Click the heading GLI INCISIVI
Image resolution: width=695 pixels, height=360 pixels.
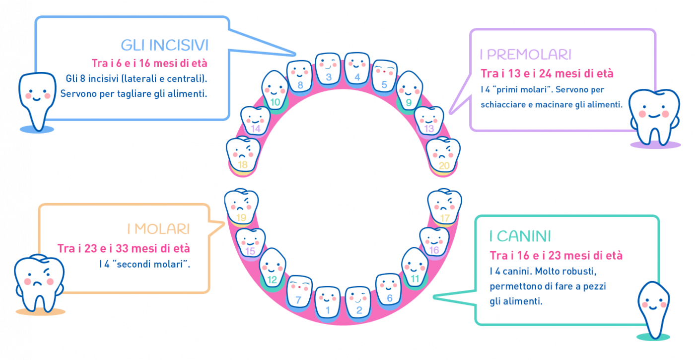(x=164, y=45)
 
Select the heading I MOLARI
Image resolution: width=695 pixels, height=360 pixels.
(x=158, y=229)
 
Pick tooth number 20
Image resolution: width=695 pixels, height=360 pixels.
(x=443, y=155)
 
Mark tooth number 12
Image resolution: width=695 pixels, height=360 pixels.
(x=272, y=270)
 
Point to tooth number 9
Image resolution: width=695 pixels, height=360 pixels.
(x=410, y=92)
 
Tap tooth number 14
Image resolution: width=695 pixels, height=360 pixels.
(x=255, y=121)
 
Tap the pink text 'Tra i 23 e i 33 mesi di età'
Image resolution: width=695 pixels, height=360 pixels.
(x=124, y=248)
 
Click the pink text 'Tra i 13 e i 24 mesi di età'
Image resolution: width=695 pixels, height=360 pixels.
(x=547, y=73)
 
